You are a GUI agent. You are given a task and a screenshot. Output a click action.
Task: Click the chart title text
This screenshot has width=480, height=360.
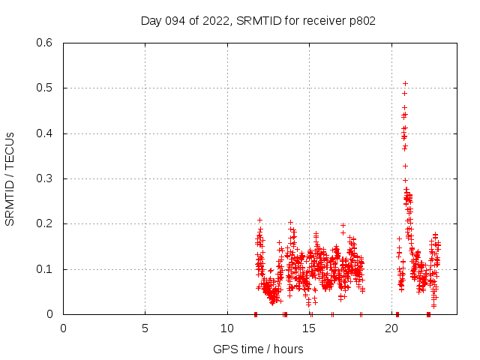[x=258, y=21]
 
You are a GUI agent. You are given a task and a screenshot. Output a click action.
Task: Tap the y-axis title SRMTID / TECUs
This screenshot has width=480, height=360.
[x=10, y=178]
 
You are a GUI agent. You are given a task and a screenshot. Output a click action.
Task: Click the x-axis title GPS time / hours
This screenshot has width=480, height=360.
[x=258, y=349]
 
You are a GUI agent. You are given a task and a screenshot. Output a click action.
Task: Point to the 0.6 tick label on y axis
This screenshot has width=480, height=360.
[x=46, y=43]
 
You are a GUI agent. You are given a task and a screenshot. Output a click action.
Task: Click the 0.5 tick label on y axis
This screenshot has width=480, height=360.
[x=46, y=88]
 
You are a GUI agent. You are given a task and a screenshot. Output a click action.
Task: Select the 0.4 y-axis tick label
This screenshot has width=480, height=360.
[x=46, y=133]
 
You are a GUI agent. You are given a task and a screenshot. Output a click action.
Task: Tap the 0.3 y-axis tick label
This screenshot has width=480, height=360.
[x=46, y=178]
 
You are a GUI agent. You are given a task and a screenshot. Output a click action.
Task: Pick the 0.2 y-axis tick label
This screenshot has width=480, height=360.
[x=46, y=224]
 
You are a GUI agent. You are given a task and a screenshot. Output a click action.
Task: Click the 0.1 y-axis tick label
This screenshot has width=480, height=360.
[x=46, y=269]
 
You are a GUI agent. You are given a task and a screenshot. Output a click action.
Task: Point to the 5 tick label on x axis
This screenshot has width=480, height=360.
[x=145, y=328]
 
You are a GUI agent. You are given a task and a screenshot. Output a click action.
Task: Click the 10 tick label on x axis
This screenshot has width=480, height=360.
[x=227, y=328]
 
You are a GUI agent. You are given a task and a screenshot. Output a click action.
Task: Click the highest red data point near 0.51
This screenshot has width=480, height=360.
[x=405, y=83]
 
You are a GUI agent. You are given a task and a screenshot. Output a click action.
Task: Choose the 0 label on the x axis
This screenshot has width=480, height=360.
[x=63, y=328]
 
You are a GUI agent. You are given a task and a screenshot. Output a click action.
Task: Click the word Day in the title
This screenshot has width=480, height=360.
[x=151, y=21]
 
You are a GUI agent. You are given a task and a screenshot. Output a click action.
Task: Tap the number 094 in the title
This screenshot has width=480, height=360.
[x=175, y=21]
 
